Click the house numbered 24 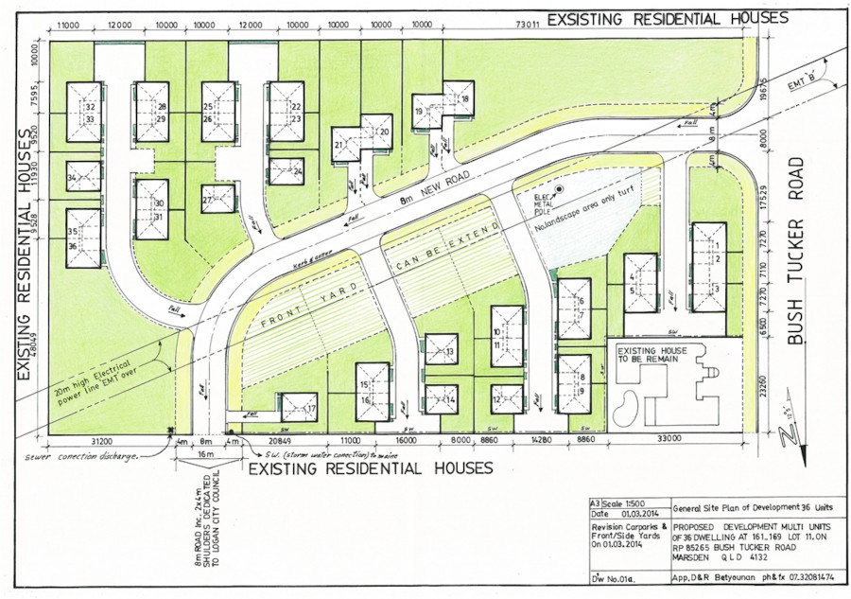pos(286,171)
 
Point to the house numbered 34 pos(83,176)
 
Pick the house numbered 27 pos(217,199)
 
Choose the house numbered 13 pos(442,350)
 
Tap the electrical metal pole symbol pos(559,189)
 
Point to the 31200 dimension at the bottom pos(103,441)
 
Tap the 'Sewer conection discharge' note pos(83,456)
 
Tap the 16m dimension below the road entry pos(206,455)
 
